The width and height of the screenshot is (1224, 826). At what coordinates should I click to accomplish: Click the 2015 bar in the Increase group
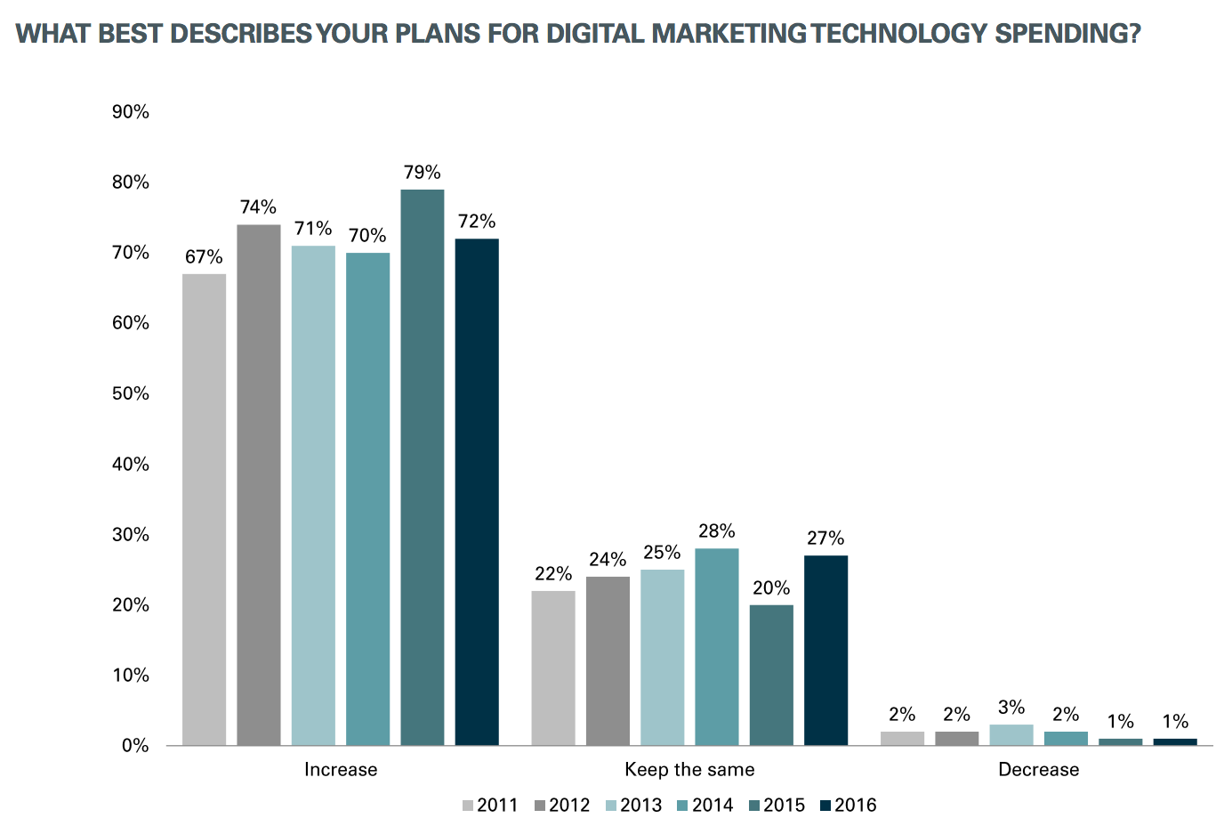[x=422, y=467]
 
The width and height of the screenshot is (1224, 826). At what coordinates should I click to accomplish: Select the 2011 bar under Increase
[x=204, y=509]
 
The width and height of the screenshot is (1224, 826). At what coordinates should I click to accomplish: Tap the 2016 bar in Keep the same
[x=825, y=650]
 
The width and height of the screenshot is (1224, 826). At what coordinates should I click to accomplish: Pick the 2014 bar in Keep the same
[x=716, y=646]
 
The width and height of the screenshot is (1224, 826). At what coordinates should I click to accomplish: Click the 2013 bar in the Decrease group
[x=1011, y=735]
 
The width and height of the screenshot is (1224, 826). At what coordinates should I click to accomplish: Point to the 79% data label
[x=422, y=173]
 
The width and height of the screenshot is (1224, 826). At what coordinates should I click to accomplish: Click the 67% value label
[x=204, y=257]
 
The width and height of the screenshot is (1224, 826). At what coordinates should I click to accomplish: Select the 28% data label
[x=716, y=531]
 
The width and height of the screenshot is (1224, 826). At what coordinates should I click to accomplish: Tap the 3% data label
[x=1011, y=708]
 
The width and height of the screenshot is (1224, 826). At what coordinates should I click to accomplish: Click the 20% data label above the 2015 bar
[x=771, y=588]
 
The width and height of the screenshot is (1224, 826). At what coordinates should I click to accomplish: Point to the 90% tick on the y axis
[x=131, y=112]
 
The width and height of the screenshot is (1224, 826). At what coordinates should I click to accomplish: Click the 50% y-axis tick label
[x=131, y=393]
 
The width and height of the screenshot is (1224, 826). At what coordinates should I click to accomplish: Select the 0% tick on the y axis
[x=135, y=746]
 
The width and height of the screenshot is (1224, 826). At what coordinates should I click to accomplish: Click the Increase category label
[x=341, y=770]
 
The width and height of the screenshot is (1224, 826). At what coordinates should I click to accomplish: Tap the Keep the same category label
[x=689, y=770]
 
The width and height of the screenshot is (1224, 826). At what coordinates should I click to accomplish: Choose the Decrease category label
[x=1038, y=770]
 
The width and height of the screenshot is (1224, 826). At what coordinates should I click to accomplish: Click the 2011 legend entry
[x=490, y=806]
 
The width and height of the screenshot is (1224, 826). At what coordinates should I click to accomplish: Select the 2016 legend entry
[x=848, y=806]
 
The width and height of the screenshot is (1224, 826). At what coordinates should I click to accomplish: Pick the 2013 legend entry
[x=633, y=806]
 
